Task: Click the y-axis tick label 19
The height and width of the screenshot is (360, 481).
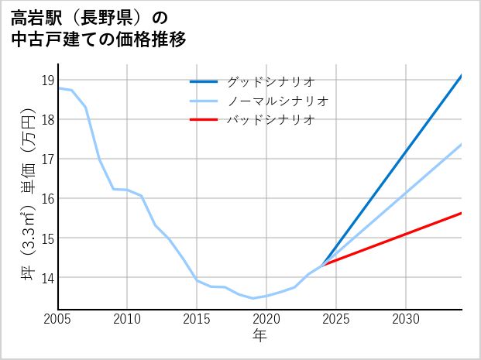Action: coord(46,80)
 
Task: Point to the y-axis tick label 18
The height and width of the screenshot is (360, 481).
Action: coord(46,119)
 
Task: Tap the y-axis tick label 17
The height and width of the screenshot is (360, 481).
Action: coord(46,159)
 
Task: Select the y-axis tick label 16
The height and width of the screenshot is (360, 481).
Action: coord(46,198)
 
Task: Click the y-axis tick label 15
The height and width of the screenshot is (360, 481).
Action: coord(46,238)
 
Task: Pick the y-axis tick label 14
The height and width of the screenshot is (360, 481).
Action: coord(46,277)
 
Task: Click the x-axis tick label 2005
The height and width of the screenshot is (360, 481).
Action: coord(58,319)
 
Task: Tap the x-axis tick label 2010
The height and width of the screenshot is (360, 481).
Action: coord(128,319)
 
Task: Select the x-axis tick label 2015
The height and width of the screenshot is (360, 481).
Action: coord(197,319)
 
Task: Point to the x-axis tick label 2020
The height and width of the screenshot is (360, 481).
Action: coord(266,319)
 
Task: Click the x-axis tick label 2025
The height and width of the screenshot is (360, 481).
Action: coord(336,319)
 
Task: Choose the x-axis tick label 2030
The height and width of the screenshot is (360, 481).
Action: coord(406,319)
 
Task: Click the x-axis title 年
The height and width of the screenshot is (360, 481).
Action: coord(260,335)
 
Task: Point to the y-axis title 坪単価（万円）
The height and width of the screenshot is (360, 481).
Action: coord(28,194)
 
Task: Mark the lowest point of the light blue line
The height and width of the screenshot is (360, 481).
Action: coord(253,298)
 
